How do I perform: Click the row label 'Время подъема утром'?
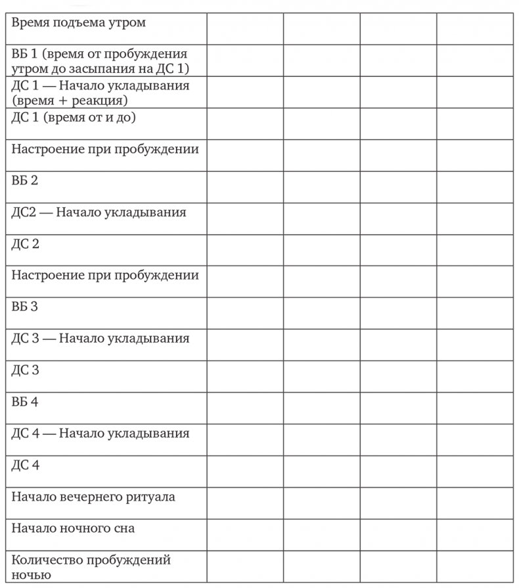pos(78,23)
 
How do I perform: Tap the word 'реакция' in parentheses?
pos(99,101)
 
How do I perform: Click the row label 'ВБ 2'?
pos(25,180)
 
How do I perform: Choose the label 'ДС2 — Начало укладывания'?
pos(99,212)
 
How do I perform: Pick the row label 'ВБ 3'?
pos(25,306)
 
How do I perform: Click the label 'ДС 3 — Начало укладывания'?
pos(101,338)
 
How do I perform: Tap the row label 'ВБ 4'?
pos(25,401)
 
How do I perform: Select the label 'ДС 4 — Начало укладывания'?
pos(101,433)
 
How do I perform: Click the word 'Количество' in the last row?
pos(47,560)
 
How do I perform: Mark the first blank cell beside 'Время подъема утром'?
pos(245,29)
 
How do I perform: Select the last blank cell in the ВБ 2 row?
pos(475,187)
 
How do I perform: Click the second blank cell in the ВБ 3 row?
pos(322,313)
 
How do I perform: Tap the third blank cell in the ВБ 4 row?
pos(398,408)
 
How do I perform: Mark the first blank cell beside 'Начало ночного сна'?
pos(245,534)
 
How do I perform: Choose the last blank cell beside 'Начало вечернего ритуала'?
pos(475,502)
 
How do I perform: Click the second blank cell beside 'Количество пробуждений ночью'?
pos(322,566)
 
